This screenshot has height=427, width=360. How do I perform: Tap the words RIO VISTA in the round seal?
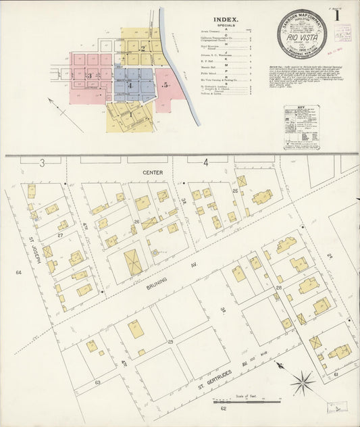301,38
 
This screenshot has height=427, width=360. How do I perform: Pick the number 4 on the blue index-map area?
129,86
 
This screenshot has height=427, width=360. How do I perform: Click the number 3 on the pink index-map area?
89,76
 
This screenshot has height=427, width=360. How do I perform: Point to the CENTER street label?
153,174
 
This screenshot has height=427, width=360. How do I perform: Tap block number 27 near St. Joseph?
60,235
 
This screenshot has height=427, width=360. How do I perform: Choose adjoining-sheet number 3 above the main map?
41,162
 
